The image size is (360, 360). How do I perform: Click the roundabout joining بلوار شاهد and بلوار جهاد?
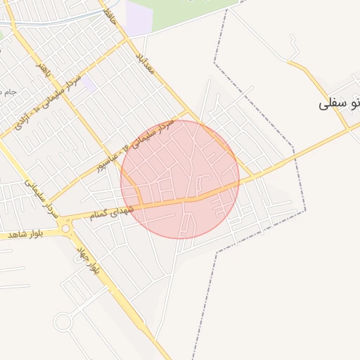click(67, 228)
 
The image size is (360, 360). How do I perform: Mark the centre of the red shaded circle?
click(180, 179)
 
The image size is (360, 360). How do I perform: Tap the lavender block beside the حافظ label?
click(138, 15)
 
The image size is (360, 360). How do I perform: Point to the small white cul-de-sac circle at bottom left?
click(63, 322)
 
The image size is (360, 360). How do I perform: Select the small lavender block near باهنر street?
click(87, 84)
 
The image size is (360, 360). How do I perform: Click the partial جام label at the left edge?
click(8, 92)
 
